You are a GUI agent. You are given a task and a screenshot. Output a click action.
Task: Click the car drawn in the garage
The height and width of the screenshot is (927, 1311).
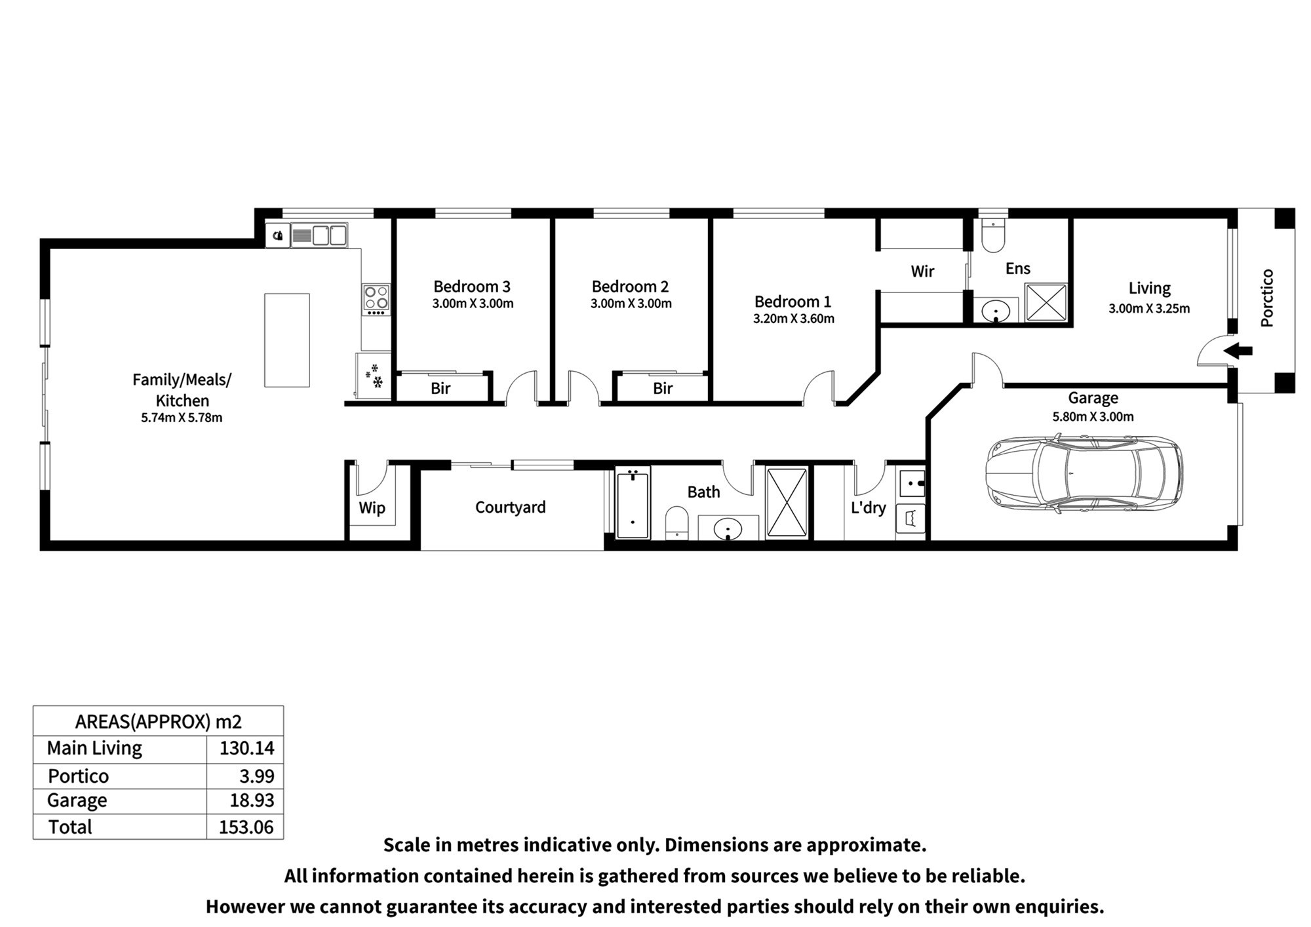[x=1084, y=473]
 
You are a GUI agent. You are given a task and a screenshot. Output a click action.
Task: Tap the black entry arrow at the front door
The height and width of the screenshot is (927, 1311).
[x=1238, y=351]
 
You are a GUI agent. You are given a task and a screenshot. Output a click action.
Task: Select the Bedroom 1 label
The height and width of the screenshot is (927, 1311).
[x=792, y=302]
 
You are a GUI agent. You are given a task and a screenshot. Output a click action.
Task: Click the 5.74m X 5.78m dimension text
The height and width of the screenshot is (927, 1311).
[x=182, y=418]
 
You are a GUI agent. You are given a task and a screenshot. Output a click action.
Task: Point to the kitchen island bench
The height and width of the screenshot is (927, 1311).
[x=287, y=340]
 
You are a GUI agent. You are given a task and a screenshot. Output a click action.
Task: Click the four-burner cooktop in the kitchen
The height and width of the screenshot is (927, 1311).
[x=376, y=299]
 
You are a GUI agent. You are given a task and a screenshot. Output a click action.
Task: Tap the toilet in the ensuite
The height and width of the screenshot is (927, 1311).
[x=993, y=236]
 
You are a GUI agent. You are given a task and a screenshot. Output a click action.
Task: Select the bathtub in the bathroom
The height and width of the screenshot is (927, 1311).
[x=633, y=503]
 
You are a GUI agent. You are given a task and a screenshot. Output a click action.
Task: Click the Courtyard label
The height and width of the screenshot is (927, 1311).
[x=510, y=507]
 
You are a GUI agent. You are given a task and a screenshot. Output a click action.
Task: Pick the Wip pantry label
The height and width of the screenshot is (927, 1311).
[x=372, y=508]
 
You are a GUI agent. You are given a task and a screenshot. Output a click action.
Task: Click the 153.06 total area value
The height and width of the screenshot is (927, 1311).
[x=246, y=827]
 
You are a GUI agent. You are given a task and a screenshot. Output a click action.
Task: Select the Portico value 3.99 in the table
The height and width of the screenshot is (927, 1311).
[x=257, y=776]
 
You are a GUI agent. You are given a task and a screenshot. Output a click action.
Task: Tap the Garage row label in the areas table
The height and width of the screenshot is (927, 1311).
[x=77, y=801]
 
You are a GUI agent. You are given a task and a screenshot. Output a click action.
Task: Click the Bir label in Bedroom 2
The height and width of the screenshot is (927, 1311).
[x=663, y=389]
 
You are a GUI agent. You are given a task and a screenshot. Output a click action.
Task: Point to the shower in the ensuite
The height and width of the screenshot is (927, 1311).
[x=1046, y=302]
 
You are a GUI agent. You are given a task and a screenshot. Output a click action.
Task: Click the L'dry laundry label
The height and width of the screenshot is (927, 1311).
[x=868, y=507]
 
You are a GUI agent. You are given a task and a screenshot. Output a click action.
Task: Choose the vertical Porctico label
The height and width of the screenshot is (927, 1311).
[x=1267, y=298]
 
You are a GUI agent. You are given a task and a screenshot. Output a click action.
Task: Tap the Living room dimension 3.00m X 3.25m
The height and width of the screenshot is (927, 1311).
[x=1149, y=309]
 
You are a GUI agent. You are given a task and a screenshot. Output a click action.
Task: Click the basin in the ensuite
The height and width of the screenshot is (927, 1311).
[x=996, y=309]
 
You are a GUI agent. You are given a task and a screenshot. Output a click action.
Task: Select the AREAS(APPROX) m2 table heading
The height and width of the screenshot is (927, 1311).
[x=159, y=722]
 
